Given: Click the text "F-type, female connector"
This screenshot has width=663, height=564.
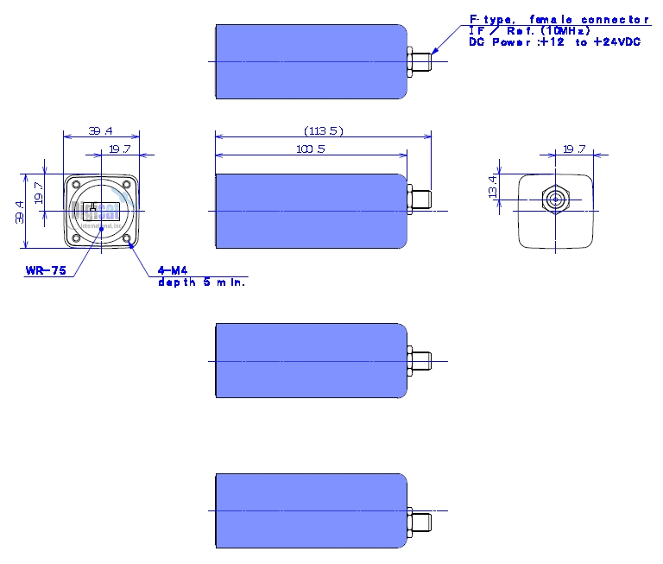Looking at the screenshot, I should [x=558, y=19].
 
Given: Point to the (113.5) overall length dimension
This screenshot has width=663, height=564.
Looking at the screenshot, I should [x=324, y=130].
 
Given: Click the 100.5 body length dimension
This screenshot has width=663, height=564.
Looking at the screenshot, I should [x=310, y=149].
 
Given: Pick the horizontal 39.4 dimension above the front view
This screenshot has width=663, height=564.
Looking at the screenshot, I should [x=101, y=130].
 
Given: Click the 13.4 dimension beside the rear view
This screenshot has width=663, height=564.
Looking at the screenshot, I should [x=493, y=185].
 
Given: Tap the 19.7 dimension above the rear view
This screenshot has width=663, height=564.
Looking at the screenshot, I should [x=573, y=149].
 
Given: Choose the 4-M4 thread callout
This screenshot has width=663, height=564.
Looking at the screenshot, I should [x=170, y=270].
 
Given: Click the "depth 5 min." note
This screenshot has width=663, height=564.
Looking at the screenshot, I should [x=201, y=282].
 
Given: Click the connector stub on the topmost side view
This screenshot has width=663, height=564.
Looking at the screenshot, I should [x=420, y=61].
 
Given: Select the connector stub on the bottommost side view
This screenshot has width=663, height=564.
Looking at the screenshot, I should [x=420, y=523].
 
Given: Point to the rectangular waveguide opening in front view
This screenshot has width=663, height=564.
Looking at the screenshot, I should [x=101, y=211].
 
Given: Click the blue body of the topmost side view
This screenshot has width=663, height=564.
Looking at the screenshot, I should [x=311, y=61].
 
